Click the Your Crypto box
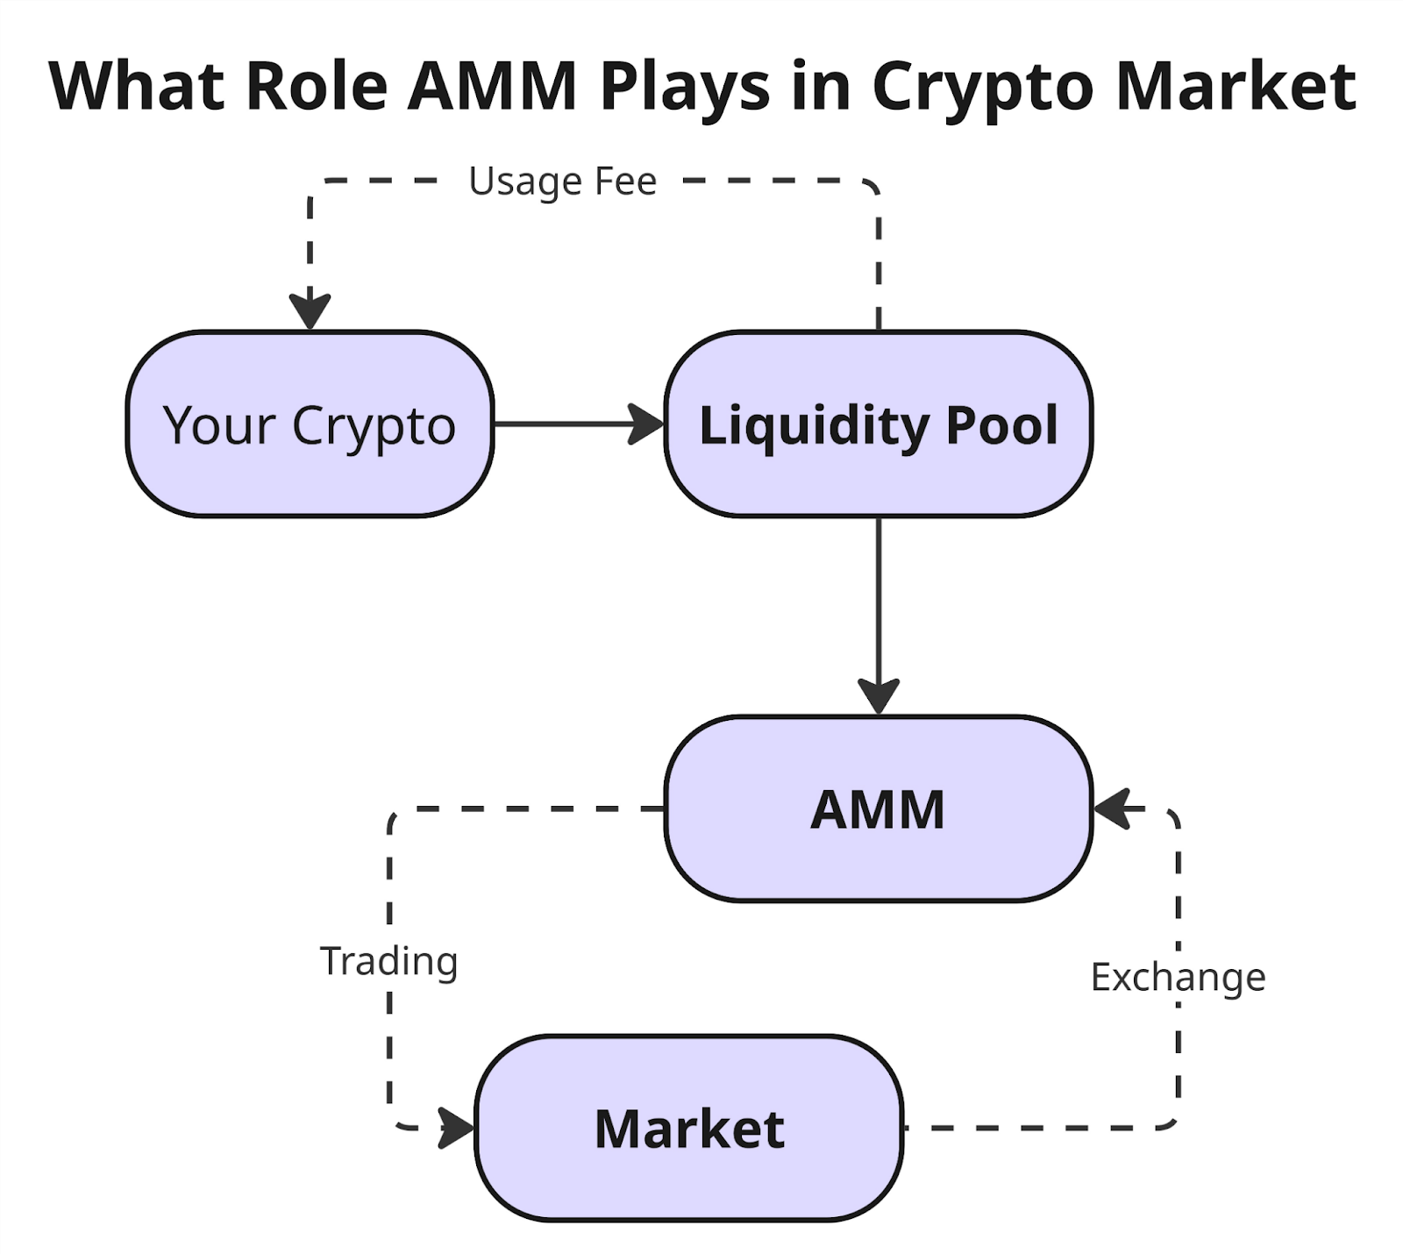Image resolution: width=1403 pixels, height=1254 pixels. [310, 424]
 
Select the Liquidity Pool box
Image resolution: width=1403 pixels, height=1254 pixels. [878, 424]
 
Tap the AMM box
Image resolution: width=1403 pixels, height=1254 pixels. [878, 809]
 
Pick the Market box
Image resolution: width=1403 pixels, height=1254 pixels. [689, 1128]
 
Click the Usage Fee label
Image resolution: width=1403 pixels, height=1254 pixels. [562, 182]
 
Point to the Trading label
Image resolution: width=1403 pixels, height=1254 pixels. [388, 961]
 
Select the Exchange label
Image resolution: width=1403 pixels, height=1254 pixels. [1178, 977]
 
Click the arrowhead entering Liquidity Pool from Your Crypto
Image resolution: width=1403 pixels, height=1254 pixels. [647, 424]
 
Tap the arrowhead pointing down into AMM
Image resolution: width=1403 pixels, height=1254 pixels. [878, 696]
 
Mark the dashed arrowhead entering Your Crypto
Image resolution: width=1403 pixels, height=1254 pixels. [310, 311]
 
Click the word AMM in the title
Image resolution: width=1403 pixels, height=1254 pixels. [492, 86]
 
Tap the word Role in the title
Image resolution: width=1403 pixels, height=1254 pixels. [317, 86]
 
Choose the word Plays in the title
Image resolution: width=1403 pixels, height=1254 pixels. [685, 86]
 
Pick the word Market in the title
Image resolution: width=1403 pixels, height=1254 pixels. [1236, 86]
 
